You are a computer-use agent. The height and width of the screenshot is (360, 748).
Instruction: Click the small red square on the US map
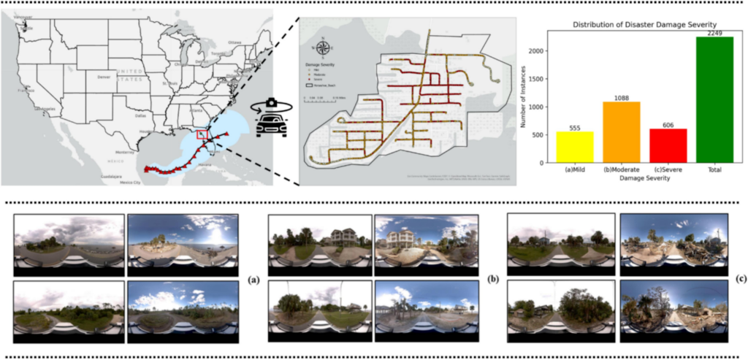tap(205, 134)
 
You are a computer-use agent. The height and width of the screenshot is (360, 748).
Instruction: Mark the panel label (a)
tap(253, 278)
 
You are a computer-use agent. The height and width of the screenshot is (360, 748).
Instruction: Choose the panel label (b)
tap(492, 278)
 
